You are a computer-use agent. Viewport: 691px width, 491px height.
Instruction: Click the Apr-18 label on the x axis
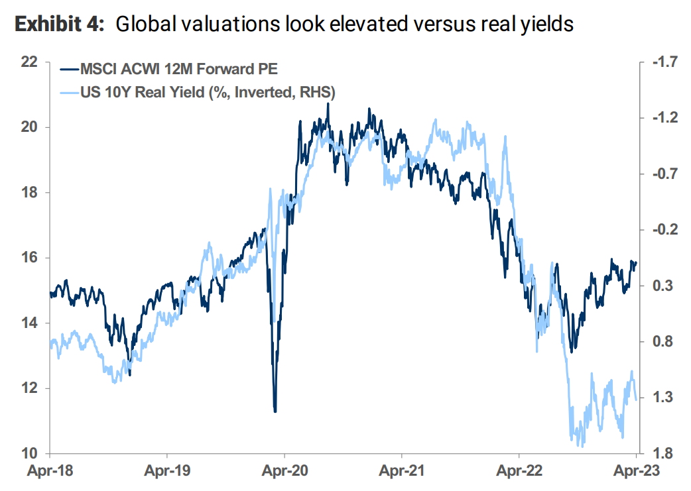point(49,474)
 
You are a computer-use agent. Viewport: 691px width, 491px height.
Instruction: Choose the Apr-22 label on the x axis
point(519,474)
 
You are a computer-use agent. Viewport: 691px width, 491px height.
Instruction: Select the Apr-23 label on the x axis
point(635,474)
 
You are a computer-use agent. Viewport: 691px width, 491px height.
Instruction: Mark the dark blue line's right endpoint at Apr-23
point(636,262)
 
